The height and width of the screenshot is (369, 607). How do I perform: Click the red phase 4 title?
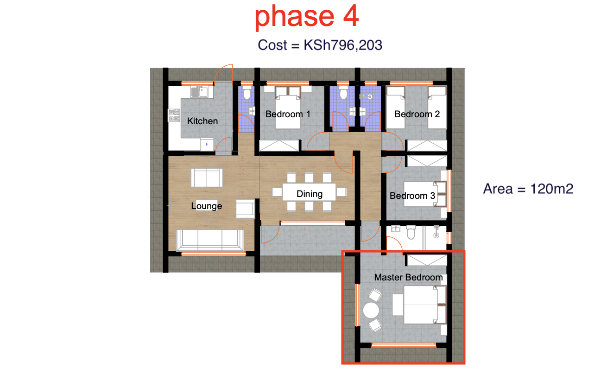coord(307,17)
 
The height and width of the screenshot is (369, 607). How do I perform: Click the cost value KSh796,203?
coord(343,45)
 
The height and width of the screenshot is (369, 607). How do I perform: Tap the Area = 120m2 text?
coord(529,189)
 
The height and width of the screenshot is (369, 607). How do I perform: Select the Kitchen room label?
coord(202,121)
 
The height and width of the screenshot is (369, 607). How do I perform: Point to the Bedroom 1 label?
coord(288,114)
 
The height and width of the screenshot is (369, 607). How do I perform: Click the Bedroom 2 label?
coord(417,114)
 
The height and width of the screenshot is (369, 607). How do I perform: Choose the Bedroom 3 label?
coord(412,196)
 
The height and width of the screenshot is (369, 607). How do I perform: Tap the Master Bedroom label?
coord(408,277)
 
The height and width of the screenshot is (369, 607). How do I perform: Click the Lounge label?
coord(207,206)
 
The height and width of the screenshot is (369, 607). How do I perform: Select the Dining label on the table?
coord(309,193)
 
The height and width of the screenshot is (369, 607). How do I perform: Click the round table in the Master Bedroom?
coord(371,310)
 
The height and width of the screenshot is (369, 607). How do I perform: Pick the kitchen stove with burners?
coord(174,115)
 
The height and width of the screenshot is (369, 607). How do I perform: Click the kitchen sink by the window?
coord(200,92)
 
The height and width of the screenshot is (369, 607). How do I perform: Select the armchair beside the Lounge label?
coord(245,209)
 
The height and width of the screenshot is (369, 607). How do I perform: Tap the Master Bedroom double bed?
coord(419,305)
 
